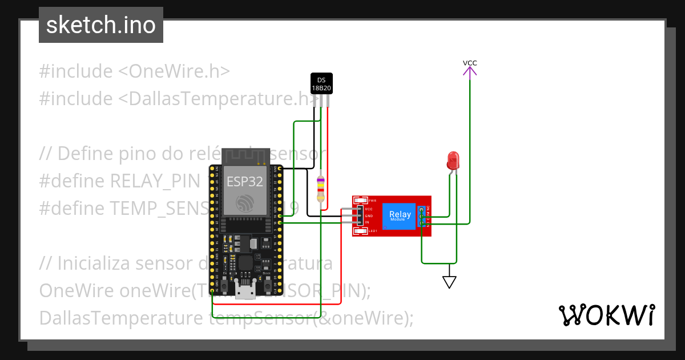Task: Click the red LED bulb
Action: tap(454, 159)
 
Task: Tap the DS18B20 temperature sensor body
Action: tap(321, 83)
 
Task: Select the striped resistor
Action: tap(321, 189)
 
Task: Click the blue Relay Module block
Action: tap(398, 216)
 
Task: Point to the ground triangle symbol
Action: tap(450, 282)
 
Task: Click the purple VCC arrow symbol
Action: tap(470, 71)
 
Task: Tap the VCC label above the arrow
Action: tap(470, 62)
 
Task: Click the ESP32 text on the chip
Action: tap(245, 182)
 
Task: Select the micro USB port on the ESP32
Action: tap(246, 292)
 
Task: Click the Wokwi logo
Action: tap(606, 315)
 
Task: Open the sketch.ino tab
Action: tap(101, 25)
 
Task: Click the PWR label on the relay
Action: tap(373, 201)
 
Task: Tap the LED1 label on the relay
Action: tap(373, 231)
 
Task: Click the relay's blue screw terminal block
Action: tap(422, 217)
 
